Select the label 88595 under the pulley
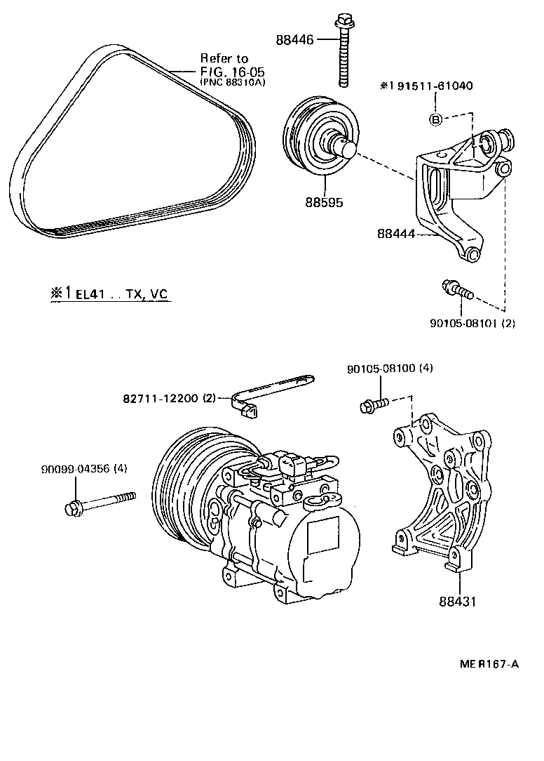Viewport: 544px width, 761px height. point(324,202)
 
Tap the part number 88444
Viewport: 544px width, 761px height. point(397,236)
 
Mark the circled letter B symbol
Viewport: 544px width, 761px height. point(435,119)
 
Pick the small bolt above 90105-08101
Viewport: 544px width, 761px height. point(456,289)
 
